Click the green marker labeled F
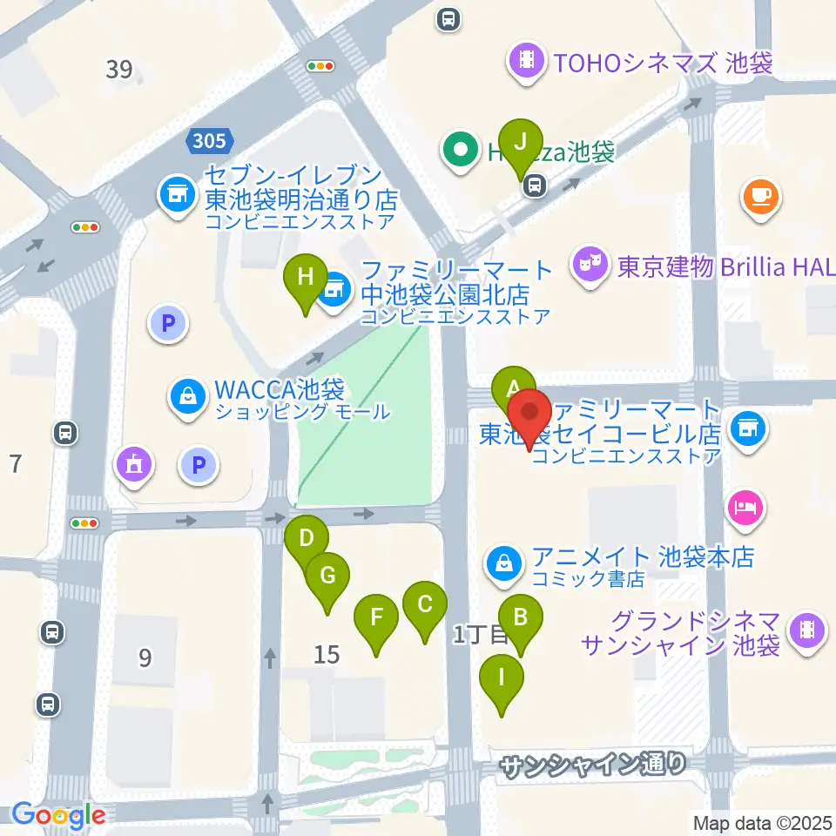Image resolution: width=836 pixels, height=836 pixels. coord(377,620)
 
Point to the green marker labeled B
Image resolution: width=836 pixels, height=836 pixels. coord(521,620)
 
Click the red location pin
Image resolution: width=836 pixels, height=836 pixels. coord(529,414)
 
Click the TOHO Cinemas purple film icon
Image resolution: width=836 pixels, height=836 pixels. coord(526,61)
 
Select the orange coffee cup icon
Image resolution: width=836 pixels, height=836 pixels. coord(761,195)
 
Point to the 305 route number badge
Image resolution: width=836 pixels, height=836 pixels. coord(210,139)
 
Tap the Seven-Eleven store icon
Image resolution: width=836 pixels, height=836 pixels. coord(177,194)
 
